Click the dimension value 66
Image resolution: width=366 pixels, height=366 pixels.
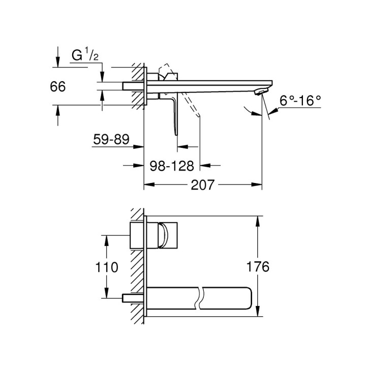58,86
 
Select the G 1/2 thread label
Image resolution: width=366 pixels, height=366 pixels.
84,56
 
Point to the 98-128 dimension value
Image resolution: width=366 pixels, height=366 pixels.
173,165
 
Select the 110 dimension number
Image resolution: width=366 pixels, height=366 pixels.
107,266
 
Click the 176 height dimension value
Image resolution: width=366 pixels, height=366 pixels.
258,266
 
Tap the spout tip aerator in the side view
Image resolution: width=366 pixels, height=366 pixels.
260,91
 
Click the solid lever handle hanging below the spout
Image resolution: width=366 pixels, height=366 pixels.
176,114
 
